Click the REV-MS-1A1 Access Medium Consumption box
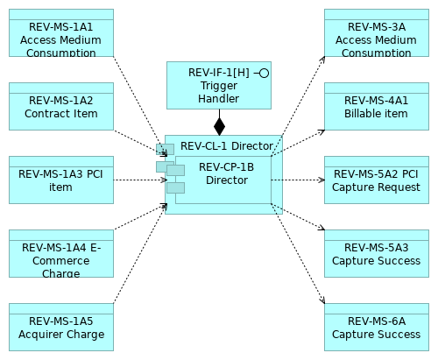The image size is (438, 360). point(60,32)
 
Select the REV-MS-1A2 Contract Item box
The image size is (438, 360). point(60,106)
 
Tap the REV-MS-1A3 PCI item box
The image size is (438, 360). point(60,180)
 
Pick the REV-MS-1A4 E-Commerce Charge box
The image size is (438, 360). point(60,253)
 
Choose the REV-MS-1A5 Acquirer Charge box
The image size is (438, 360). point(60,327)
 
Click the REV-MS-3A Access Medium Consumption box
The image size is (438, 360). point(376,32)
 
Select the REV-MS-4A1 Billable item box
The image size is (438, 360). point(376,106)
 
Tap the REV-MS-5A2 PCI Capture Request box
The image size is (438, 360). point(376,180)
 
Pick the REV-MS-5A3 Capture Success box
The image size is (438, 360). point(376,253)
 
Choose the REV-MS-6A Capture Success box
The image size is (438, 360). point(376,327)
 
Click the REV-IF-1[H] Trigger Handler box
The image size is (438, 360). point(218,85)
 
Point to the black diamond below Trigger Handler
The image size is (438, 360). point(219,126)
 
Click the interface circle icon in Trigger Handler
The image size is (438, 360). point(264,73)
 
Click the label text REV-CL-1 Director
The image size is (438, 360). point(226,146)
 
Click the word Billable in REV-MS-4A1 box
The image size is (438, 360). point(355,114)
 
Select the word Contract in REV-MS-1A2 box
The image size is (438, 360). point(46,114)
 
